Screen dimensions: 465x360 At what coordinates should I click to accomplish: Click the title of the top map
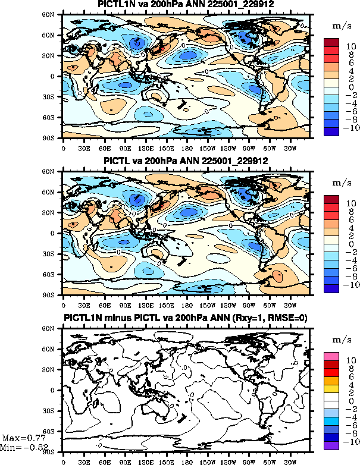[x=186, y=5]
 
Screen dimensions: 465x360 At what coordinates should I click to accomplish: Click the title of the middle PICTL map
[x=186, y=161]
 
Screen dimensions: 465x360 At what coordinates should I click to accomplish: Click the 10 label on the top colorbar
[x=350, y=46]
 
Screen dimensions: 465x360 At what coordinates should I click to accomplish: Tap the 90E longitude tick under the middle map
[x=125, y=304]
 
